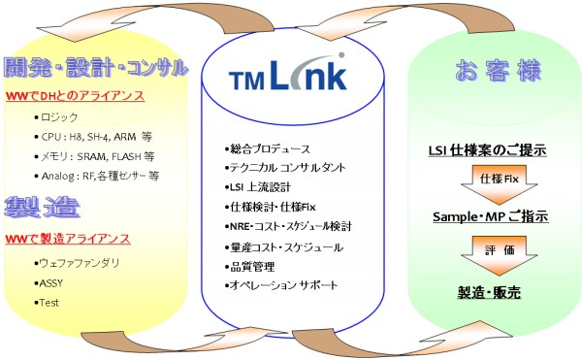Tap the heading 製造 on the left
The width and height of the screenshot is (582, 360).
click(42, 210)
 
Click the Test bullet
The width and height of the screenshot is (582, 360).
click(50, 303)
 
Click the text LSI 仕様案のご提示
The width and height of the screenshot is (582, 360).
click(488, 150)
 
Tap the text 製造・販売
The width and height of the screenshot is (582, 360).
click(489, 291)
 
